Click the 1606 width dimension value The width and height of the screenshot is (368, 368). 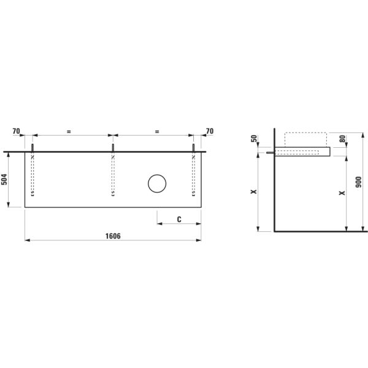(112, 236)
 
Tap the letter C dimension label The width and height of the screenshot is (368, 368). (178, 219)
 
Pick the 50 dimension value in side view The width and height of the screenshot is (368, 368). (255, 139)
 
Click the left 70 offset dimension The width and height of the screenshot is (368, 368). (16, 131)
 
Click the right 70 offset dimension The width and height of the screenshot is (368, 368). (210, 131)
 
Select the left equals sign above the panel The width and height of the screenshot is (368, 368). (69, 131)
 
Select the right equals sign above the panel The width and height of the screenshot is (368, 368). (157, 131)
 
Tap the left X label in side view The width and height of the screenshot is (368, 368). (253, 192)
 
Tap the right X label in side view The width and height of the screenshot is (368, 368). (342, 192)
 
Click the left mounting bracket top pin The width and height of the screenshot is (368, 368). (33, 148)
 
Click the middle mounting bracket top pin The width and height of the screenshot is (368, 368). (113, 148)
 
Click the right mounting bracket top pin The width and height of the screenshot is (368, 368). (194, 148)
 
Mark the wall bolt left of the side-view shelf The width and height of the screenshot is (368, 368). (270, 153)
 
